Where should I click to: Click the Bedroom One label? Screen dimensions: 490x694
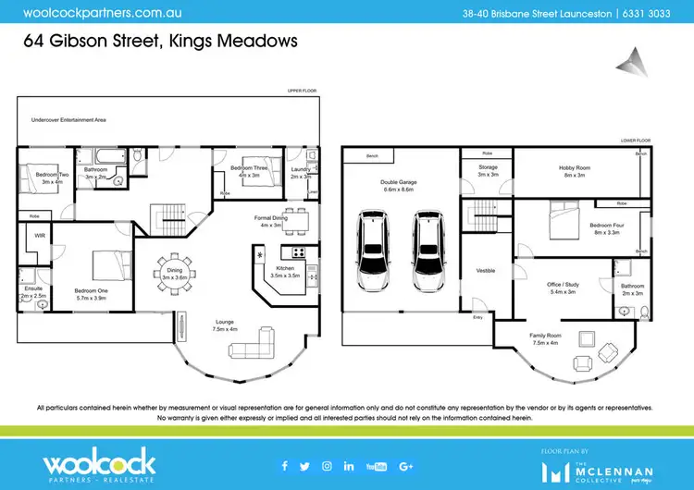pos(89,294)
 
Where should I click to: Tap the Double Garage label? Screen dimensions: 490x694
pos(399,185)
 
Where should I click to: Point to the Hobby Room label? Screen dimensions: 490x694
pos(574,170)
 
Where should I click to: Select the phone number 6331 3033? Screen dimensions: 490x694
pos(658,14)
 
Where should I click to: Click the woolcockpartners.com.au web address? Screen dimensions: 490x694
pos(89,14)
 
